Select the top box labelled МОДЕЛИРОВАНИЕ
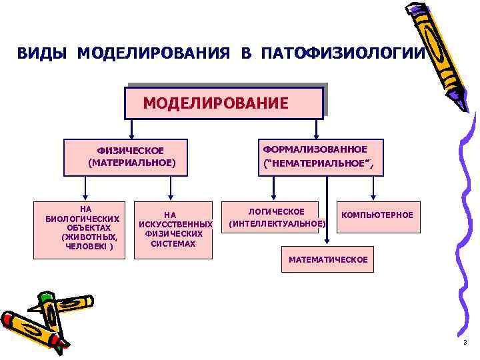(x=225, y=102)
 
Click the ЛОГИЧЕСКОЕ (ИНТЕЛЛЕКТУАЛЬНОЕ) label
(x=277, y=217)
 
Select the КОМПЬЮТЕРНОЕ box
(x=377, y=215)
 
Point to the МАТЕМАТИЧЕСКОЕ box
(x=327, y=259)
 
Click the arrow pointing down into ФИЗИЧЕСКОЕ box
(x=132, y=132)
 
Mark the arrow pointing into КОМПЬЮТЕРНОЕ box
(x=374, y=196)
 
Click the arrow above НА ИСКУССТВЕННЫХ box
(x=171, y=194)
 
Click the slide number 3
(x=465, y=341)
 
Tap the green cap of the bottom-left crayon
(x=46, y=297)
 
